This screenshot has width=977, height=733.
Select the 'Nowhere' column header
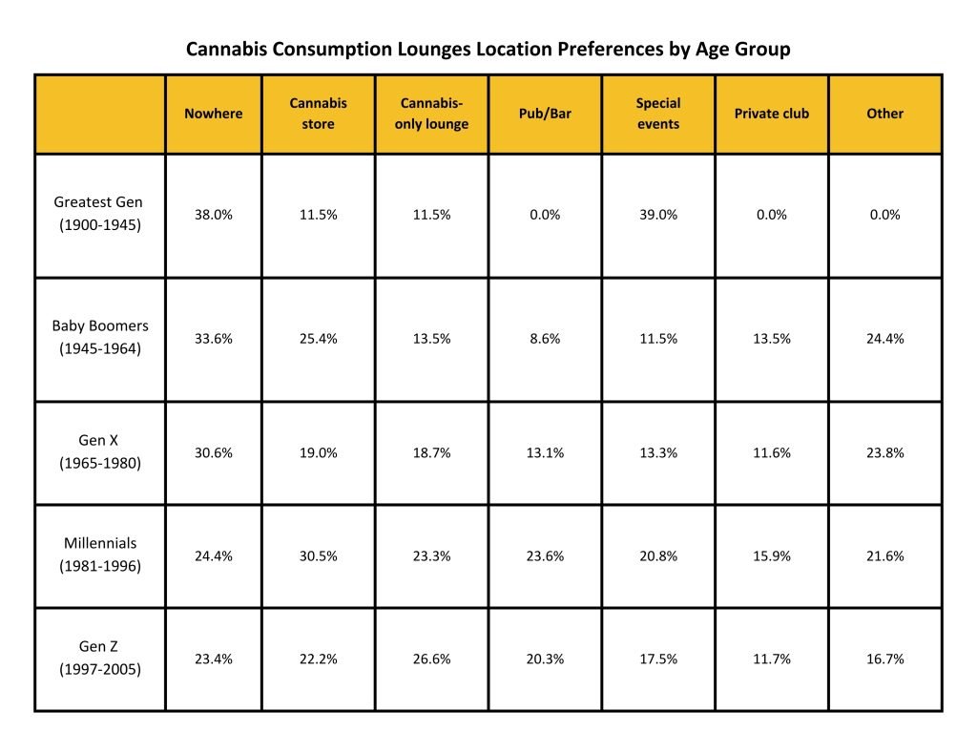coord(213,114)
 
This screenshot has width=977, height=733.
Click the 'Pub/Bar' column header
coord(545,114)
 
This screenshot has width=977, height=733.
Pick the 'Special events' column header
coord(657,114)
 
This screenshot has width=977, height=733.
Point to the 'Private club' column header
coord(771,114)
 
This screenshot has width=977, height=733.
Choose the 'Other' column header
coord(884,114)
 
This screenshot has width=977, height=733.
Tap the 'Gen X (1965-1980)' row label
coord(99,452)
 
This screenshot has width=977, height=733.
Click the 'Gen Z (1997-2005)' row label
coord(99,659)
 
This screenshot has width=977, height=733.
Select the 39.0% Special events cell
coord(658,215)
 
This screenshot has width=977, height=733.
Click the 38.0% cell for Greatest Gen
coord(213,215)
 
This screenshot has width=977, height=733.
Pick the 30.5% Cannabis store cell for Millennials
coord(318,555)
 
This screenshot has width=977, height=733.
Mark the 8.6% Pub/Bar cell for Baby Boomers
coord(545,339)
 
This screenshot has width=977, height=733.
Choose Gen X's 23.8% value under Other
coord(884,453)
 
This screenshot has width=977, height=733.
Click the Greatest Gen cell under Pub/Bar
coord(545,215)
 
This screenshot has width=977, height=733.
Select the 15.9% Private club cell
coord(771,555)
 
